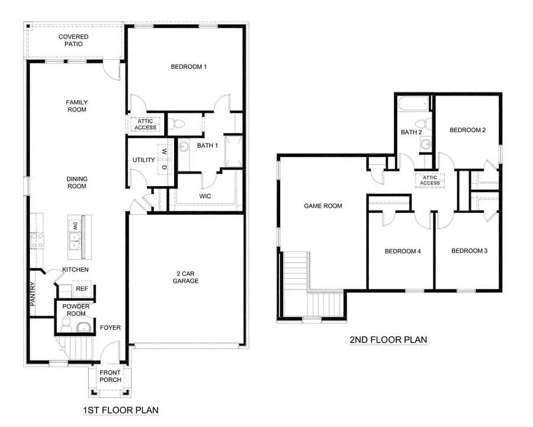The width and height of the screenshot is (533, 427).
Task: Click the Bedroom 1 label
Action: (188, 66)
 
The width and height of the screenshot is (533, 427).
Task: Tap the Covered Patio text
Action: (73, 40)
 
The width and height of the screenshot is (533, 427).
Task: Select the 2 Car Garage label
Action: (186, 277)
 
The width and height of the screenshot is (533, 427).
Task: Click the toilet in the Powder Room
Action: (66, 324)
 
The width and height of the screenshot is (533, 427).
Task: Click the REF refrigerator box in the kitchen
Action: (81, 289)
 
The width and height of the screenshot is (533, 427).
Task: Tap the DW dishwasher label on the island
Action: (75, 226)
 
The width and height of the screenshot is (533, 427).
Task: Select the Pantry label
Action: (33, 293)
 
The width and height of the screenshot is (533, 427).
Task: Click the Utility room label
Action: (143, 160)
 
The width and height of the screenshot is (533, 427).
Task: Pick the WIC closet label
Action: (205, 196)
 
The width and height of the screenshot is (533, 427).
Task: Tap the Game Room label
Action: (323, 206)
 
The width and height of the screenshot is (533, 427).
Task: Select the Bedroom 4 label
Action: (402, 251)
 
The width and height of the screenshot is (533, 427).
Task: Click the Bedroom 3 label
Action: (469, 251)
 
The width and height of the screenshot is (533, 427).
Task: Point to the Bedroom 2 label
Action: (467, 130)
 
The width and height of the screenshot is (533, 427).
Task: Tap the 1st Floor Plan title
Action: (120, 410)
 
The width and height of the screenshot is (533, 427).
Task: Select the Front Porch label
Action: (110, 376)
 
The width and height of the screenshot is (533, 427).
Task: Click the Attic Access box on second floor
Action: (430, 180)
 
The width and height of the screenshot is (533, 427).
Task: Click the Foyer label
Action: (110, 327)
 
